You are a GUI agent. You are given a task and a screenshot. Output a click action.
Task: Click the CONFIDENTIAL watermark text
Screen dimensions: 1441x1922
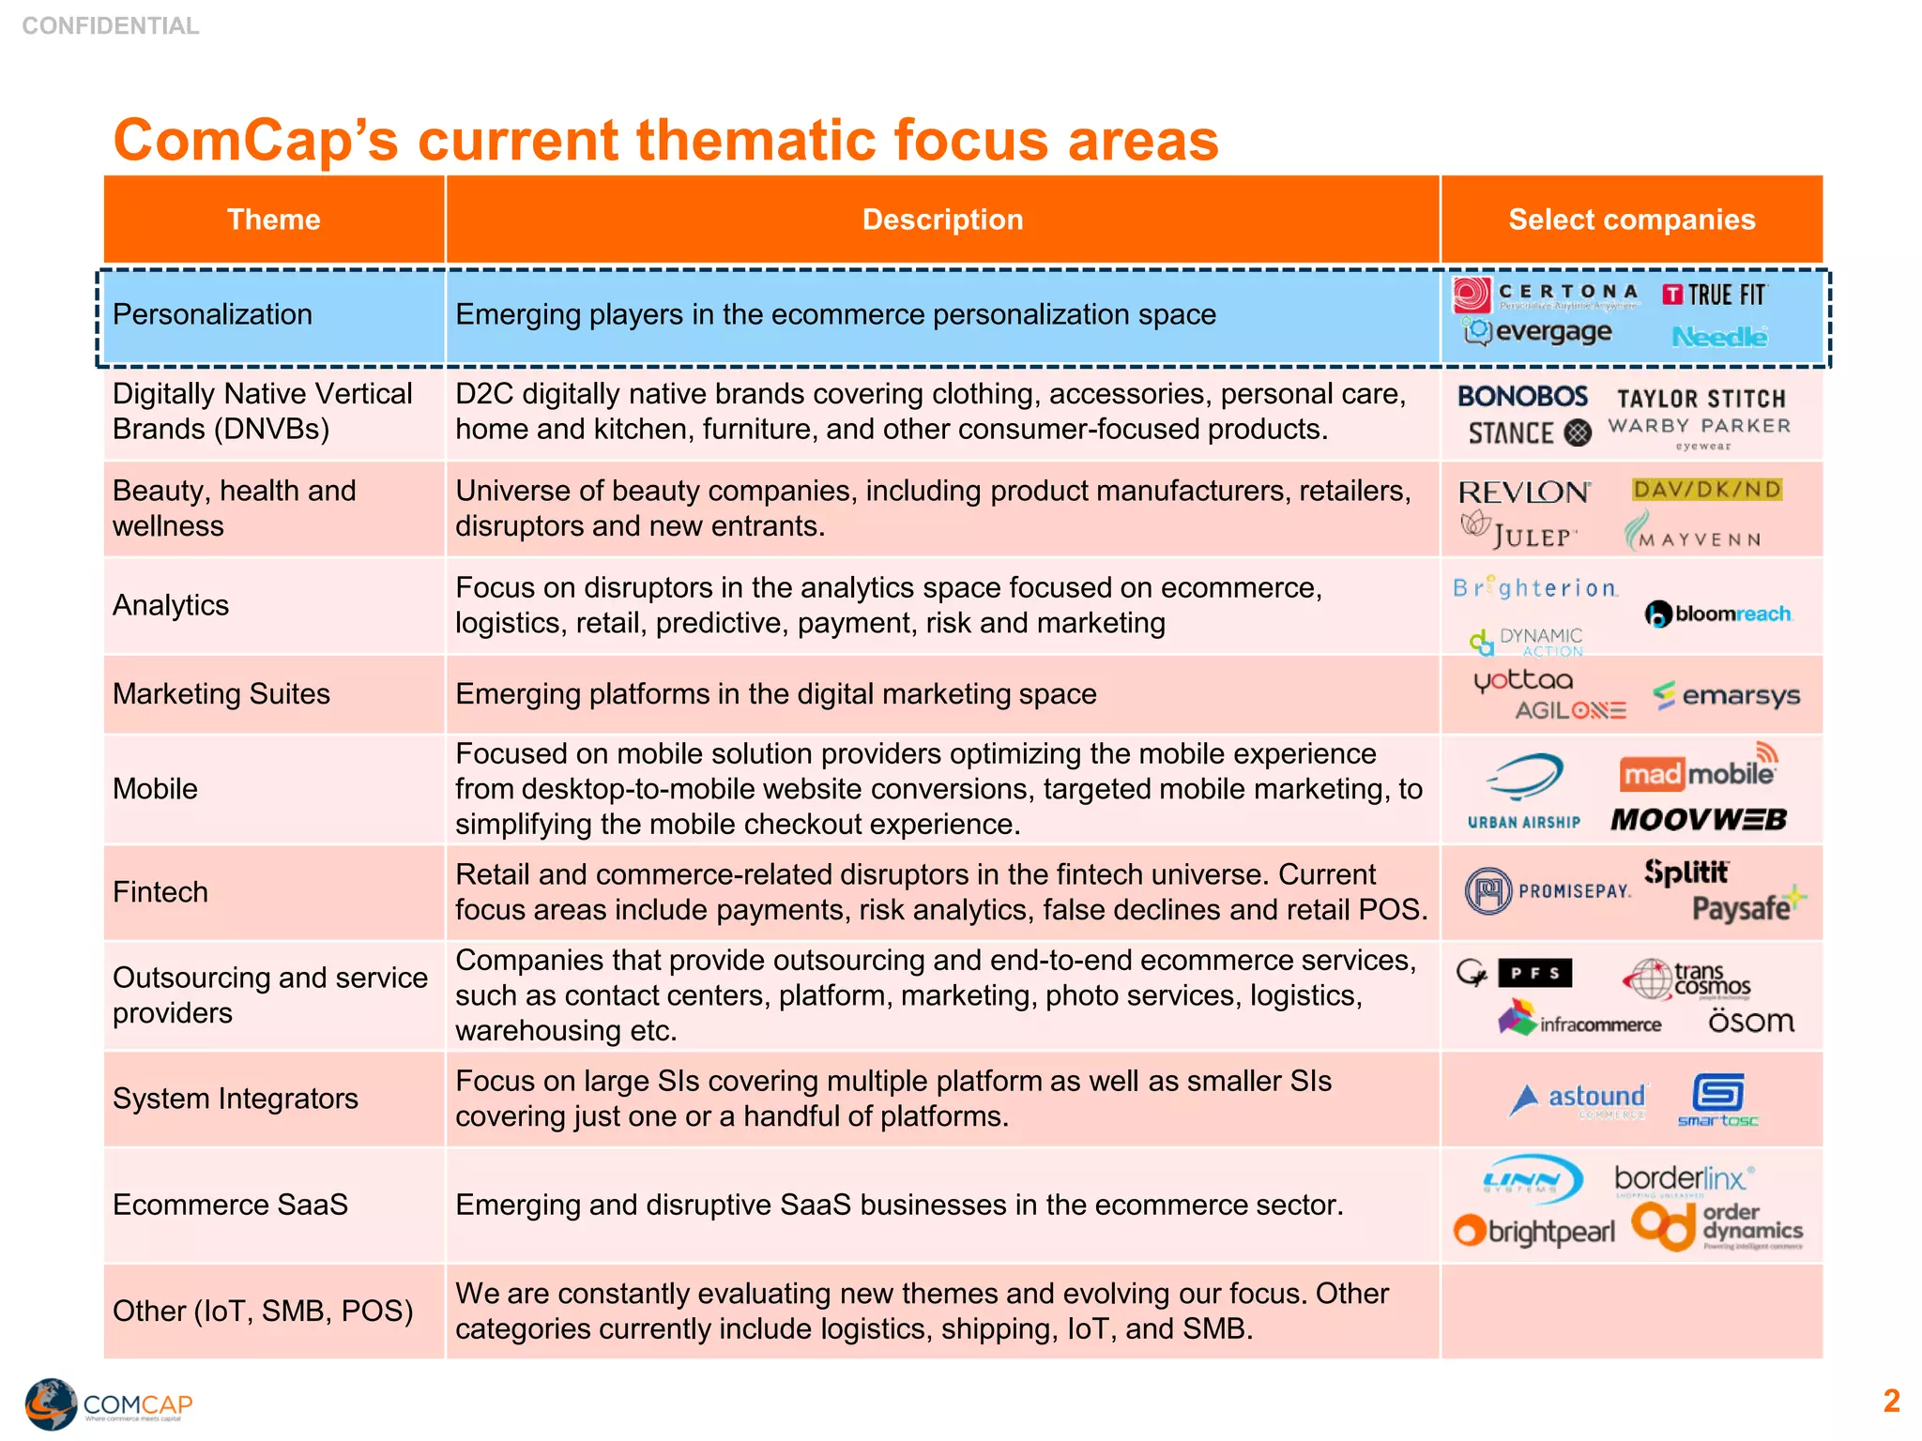111,25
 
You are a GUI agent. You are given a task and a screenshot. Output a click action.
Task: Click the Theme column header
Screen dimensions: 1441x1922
273,220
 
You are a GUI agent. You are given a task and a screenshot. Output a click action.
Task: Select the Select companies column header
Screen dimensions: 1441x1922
1631,220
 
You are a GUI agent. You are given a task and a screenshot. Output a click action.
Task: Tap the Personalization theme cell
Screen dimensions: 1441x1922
213,314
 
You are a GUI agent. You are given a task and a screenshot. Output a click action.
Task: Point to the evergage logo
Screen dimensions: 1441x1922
1539,332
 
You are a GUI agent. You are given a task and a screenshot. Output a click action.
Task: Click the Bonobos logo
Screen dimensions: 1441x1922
1522,397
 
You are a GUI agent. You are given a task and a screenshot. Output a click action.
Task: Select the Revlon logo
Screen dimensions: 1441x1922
1524,492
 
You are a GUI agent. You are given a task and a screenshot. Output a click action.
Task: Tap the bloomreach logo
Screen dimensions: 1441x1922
1718,614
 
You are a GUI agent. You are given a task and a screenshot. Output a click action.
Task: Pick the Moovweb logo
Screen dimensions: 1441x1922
1699,820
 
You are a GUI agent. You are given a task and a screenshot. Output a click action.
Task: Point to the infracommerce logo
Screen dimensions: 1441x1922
1580,1021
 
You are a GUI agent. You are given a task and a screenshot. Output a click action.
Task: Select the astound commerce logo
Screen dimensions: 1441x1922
1579,1099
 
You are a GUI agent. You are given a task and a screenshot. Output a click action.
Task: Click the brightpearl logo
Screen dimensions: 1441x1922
1535,1231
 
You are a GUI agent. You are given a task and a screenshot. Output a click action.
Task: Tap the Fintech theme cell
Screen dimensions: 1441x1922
160,892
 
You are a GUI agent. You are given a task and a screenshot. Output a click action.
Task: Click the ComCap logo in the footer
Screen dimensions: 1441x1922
108,1403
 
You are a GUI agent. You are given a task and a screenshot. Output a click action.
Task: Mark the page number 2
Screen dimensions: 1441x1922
1891,1401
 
